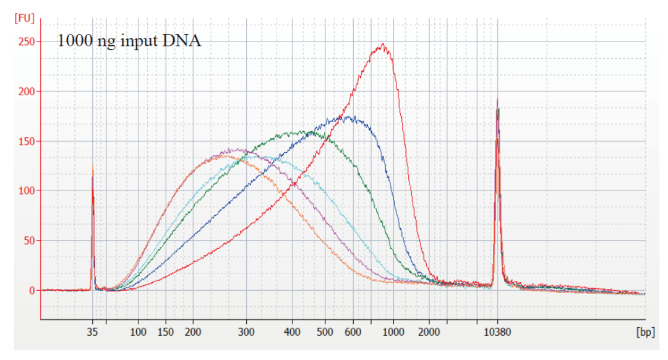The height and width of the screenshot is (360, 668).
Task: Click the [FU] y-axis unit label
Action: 24,19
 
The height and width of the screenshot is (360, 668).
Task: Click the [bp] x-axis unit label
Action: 645,332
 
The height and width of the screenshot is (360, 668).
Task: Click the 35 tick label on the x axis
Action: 93,332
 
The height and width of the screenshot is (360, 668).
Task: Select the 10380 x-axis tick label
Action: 497,332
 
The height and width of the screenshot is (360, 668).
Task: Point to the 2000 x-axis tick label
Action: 429,332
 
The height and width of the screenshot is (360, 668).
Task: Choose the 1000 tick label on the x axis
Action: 393,332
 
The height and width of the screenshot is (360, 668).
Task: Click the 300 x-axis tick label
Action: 246,332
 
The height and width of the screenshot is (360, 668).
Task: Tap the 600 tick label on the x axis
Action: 353,332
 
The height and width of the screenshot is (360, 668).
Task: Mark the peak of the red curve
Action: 383,45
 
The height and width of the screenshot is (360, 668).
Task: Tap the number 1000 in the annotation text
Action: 73,41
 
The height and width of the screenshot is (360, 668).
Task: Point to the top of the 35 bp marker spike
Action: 93,168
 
